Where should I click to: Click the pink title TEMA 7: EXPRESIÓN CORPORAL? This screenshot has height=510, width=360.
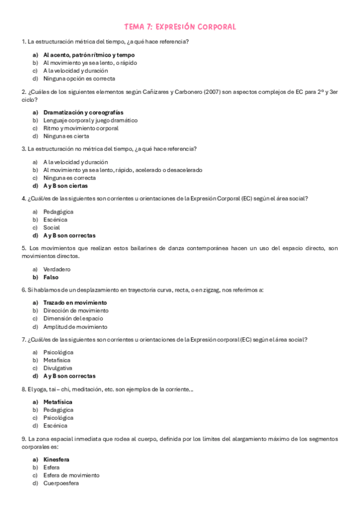point(180,27)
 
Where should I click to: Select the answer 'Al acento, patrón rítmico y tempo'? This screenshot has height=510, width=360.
point(88,55)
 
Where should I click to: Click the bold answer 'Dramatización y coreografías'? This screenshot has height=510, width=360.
point(83,112)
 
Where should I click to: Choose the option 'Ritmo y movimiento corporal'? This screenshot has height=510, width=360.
point(81,128)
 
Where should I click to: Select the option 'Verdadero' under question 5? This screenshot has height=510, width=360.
point(56,269)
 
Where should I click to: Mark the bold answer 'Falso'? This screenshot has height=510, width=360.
point(52,277)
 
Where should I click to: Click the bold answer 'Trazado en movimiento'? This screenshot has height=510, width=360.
point(75,303)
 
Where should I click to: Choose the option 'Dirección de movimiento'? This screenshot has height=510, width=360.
point(75,310)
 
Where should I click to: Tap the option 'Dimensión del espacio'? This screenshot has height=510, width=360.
point(73,318)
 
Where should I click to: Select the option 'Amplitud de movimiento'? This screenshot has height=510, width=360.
point(75,327)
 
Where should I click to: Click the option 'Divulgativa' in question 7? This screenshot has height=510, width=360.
point(58,367)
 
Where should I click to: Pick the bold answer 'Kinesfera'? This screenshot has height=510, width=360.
point(56,459)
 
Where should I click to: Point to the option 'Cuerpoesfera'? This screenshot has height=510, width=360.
point(61,483)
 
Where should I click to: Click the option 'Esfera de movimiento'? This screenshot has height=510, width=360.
point(71,475)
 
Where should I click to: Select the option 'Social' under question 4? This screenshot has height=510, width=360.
point(51,228)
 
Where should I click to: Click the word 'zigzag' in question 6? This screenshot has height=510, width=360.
point(212,290)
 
